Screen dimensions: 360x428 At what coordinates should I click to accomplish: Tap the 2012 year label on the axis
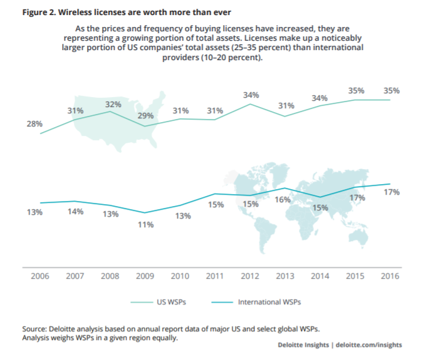pos(251,276)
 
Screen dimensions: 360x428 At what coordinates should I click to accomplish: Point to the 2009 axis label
pos(145,276)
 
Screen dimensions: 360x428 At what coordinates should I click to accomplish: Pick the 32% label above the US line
pos(113,105)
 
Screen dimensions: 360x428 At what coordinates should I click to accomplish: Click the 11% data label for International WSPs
pos(146,225)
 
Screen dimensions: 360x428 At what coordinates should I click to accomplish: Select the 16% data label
pos(283,200)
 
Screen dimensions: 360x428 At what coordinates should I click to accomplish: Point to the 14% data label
pos(76,212)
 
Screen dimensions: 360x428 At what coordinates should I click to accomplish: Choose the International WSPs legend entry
pos(269,302)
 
